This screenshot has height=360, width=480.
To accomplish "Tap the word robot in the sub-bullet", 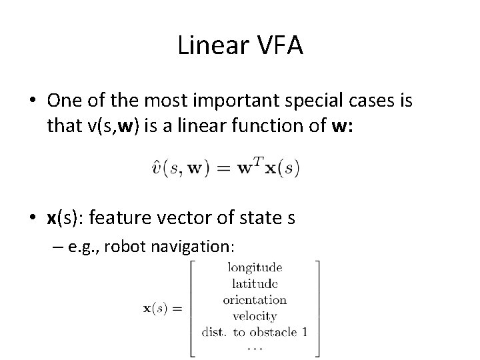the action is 128,246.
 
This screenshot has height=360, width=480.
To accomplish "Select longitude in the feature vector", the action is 254,267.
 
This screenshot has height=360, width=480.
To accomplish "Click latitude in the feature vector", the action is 254,283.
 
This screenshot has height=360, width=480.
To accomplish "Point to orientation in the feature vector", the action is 254,299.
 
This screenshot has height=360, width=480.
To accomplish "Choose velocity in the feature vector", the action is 254,316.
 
